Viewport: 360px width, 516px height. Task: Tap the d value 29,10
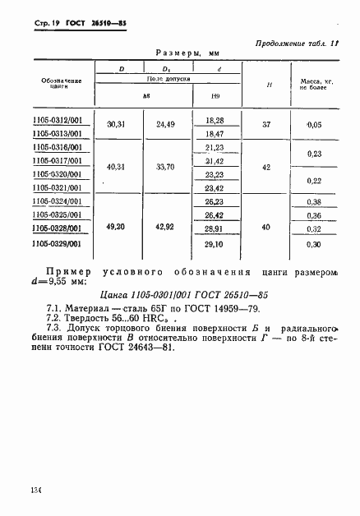[215, 243]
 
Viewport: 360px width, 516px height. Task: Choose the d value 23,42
[215, 187]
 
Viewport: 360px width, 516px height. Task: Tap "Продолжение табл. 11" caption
[304, 41]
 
